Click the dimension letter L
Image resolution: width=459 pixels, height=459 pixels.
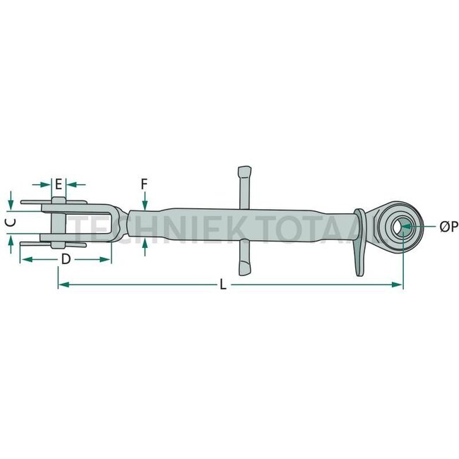point(223,285)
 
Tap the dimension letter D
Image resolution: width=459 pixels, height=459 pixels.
point(65,258)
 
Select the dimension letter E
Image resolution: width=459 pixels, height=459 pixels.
point(59,184)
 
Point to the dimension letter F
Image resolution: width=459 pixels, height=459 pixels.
point(144,184)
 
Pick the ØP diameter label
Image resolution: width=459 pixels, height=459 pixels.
point(448,226)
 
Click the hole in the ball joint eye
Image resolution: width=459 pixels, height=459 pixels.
point(403,226)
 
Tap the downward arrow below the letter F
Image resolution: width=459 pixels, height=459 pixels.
point(144,205)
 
